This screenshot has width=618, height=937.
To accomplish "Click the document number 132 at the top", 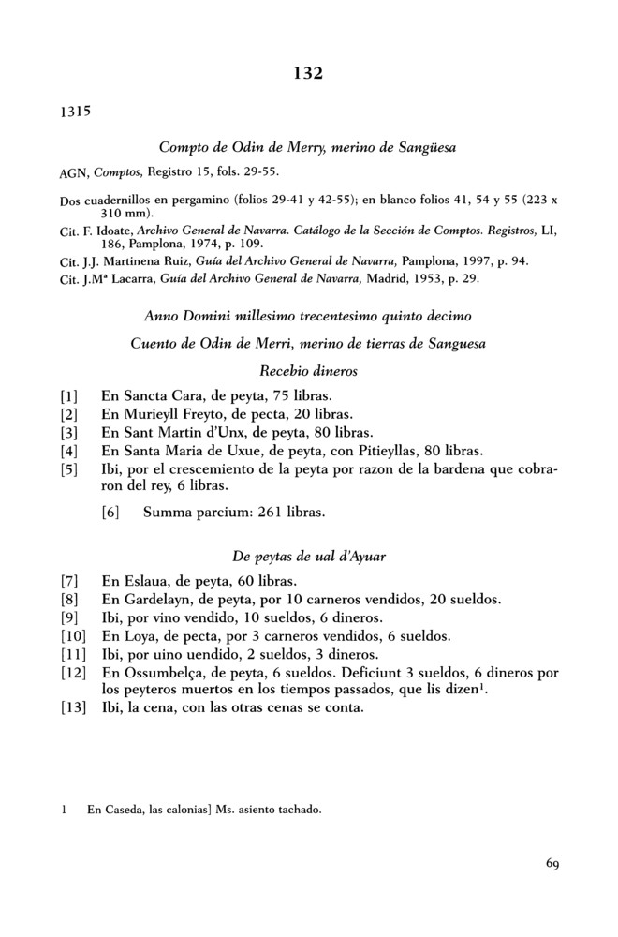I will (x=309, y=73).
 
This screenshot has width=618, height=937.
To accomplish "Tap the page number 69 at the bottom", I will (x=551, y=864).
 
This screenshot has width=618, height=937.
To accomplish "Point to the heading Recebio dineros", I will (x=309, y=371).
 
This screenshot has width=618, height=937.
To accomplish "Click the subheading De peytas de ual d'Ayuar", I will (x=309, y=557).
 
